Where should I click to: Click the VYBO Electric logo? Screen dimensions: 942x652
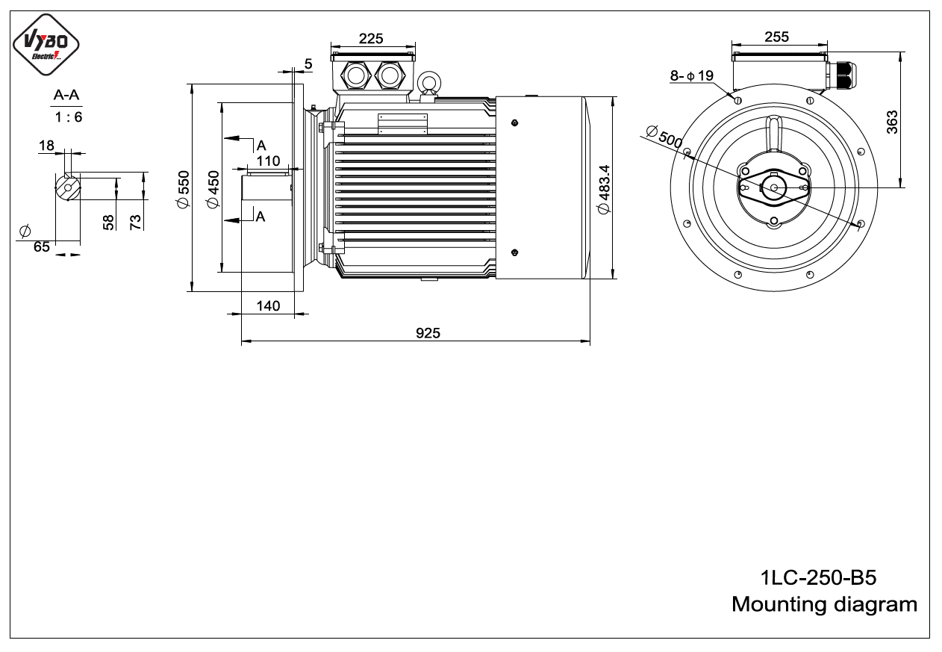46,44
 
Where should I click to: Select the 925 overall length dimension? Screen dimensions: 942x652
428,333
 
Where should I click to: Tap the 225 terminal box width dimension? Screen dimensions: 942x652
371,39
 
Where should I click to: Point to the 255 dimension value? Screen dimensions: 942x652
776,37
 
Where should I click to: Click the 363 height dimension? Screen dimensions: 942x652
892,122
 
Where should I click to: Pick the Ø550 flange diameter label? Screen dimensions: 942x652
184,189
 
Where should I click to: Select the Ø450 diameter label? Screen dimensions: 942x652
213,189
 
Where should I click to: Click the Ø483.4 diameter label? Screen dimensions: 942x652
605,189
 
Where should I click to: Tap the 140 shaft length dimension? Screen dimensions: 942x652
268,305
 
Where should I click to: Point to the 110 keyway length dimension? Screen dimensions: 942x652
268,161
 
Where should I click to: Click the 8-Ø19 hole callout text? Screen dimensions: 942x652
692,75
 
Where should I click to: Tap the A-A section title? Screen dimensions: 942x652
66,95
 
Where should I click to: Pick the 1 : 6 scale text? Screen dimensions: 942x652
68,117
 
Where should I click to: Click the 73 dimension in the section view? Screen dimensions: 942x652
135,222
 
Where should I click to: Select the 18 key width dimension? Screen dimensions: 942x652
46,146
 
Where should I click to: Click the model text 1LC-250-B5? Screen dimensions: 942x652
818,577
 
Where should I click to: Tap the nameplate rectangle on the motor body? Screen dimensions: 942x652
402,124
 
